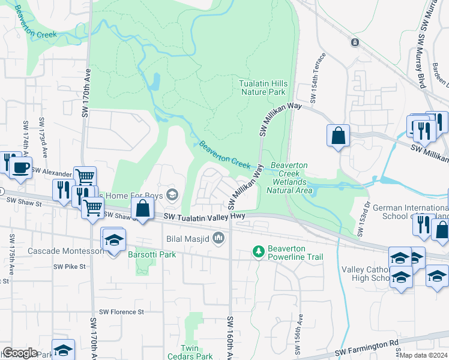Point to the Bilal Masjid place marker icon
coord(219,238)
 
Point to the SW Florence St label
coord(122,311)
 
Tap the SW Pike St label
coord(70,266)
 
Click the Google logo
coord(20,352)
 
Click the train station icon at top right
coord(355,43)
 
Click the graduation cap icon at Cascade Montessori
coord(113,240)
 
